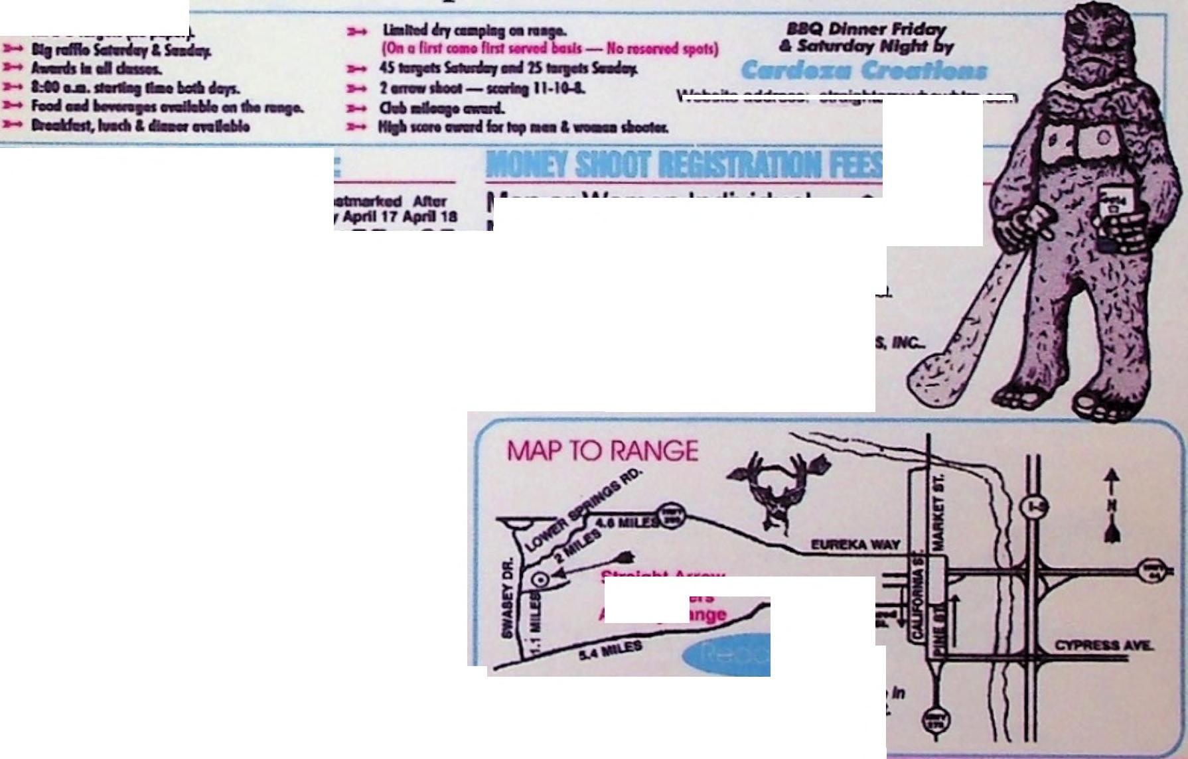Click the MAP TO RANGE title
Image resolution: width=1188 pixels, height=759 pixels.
(602, 451)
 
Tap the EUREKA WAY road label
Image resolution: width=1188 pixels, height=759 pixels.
(855, 545)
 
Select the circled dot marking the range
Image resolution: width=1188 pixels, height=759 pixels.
(542, 579)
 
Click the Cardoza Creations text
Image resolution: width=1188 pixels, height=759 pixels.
(863, 70)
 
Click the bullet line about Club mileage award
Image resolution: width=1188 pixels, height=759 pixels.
(441, 108)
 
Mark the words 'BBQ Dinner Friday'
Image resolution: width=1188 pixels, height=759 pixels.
(865, 29)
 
